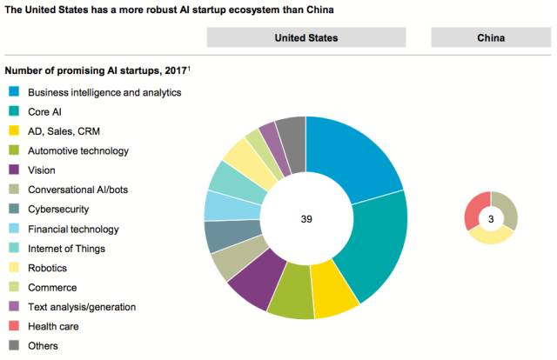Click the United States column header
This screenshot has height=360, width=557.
tap(305, 37)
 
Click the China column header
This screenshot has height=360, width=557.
tap(491, 37)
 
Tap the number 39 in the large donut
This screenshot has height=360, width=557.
tap(306, 220)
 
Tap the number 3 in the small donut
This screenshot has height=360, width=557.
tap(491, 219)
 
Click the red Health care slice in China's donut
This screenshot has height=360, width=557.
tap(477, 210)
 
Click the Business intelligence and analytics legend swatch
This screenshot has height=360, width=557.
tap(15, 91)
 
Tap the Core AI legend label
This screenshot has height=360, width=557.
tap(44, 111)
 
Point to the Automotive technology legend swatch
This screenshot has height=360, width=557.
tap(15, 151)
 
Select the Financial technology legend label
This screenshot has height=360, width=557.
tap(74, 230)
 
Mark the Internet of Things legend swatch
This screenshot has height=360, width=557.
tap(15, 249)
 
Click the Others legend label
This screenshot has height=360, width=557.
tap(44, 346)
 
